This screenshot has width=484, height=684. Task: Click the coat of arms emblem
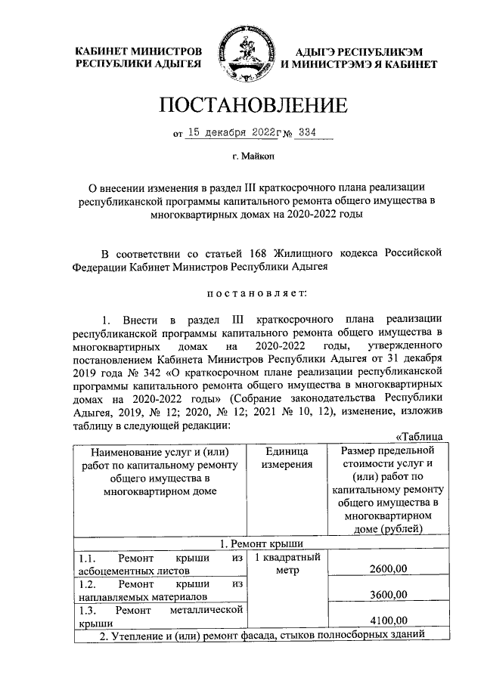click(x=242, y=54)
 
